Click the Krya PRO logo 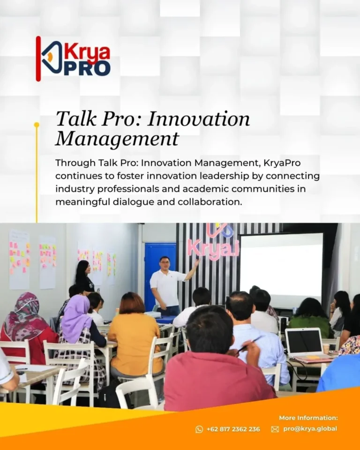click(x=73, y=59)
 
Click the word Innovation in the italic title click(x=199, y=119)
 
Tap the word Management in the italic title click(x=117, y=138)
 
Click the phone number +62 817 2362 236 click(x=233, y=429)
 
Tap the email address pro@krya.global click(x=310, y=429)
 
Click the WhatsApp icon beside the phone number click(x=199, y=429)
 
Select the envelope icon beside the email click(x=275, y=429)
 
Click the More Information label click(x=308, y=418)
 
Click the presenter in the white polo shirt click(x=168, y=286)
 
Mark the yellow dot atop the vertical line click(x=37, y=125)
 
